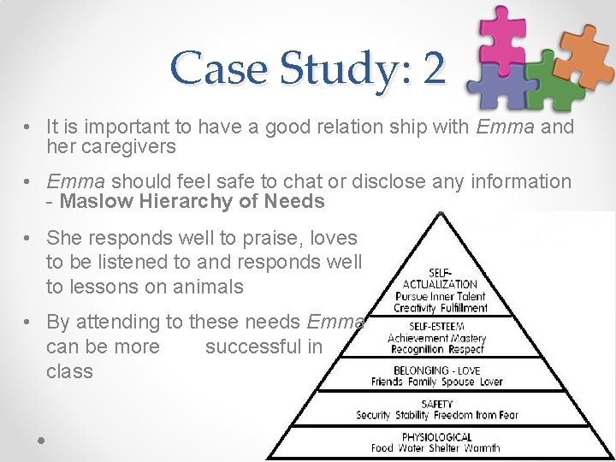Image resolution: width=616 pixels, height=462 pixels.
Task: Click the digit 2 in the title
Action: pos(434,68)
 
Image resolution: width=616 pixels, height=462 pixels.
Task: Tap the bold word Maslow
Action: pos(92,202)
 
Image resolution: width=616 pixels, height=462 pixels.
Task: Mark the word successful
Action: pos(264,346)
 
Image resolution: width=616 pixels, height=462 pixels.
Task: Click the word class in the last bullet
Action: pos(70,371)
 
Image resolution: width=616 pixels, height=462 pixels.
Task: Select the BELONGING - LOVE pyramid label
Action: pos(436,370)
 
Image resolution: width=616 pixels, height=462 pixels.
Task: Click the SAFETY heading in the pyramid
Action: pos(437,404)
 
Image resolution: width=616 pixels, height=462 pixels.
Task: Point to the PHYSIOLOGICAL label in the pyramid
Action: pos(436,436)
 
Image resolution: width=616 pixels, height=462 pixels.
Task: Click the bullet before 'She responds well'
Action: pos(28,237)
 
